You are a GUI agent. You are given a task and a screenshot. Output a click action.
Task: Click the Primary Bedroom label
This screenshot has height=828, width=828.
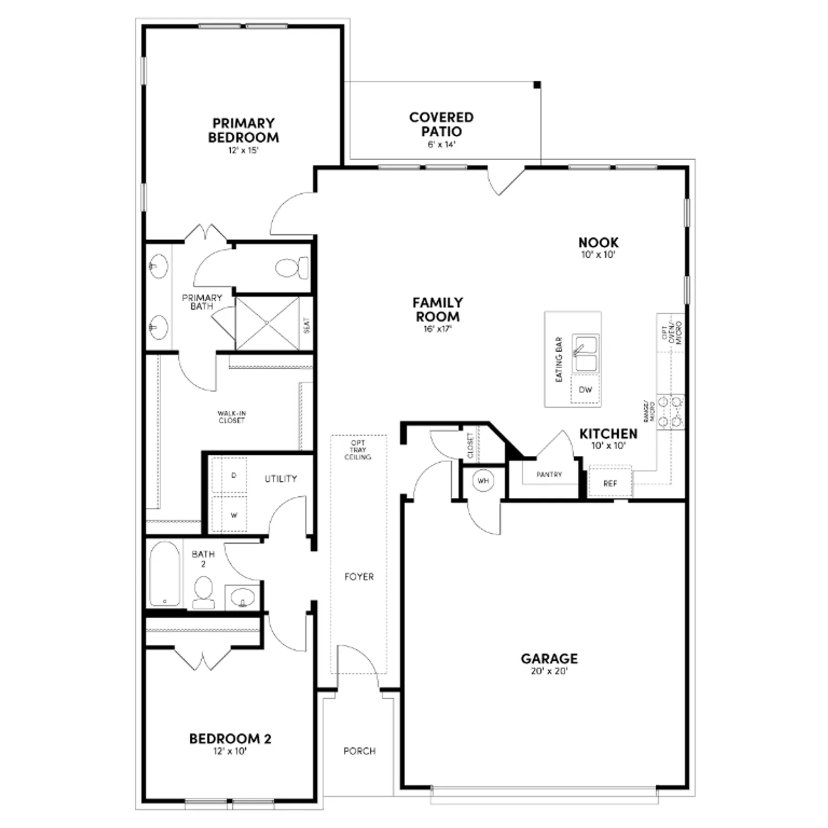243,130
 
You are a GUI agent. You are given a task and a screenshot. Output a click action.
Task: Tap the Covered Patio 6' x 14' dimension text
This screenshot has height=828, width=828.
441,145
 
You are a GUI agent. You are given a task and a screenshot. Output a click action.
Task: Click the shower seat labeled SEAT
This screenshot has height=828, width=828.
307,325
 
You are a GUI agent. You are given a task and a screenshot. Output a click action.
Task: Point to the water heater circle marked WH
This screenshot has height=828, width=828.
483,481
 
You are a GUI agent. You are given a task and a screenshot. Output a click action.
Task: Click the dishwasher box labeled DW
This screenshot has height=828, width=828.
585,390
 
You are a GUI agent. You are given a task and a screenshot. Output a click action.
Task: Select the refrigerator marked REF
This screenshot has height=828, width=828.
610,484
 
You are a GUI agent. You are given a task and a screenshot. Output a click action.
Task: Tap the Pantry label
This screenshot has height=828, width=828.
549,475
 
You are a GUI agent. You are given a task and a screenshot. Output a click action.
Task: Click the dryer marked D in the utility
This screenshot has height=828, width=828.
233,475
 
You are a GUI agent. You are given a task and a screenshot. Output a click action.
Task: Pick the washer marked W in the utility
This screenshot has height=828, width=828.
233,516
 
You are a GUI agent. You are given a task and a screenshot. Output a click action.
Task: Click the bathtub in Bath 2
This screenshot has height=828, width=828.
164,574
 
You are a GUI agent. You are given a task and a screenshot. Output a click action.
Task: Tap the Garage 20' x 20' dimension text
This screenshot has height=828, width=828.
549,672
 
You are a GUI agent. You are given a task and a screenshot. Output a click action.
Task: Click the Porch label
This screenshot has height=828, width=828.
359,751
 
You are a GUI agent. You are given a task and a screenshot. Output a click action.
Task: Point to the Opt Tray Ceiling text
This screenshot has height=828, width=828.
358,450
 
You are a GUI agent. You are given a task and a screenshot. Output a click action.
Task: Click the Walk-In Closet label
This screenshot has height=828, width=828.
231,417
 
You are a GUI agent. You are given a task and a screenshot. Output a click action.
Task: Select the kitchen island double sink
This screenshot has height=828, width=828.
585,354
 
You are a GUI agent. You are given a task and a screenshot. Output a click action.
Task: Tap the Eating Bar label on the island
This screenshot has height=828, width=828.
559,359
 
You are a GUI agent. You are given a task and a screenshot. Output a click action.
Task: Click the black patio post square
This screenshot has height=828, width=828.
537,85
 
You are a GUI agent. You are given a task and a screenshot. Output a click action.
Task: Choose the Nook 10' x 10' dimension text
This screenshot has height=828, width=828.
598,255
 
